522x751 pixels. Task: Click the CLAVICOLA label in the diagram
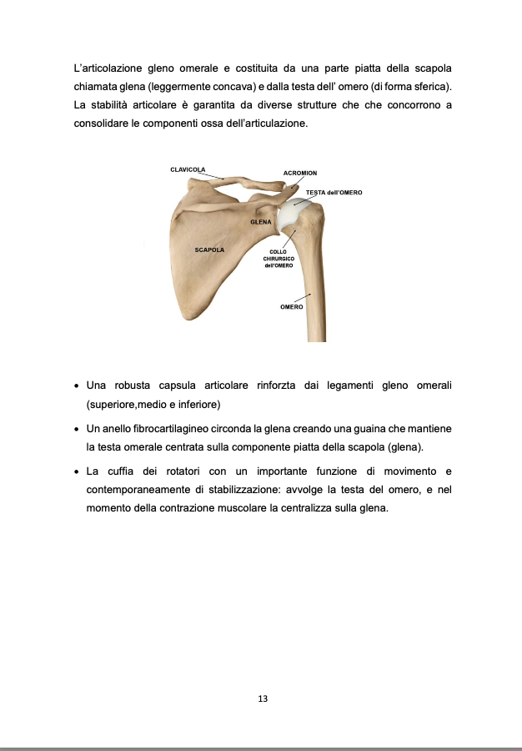click(x=188, y=169)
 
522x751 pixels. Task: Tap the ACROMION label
click(x=299, y=173)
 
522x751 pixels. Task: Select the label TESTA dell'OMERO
click(x=334, y=192)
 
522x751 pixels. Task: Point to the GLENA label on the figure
click(x=261, y=223)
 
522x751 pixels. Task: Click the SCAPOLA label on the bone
click(x=209, y=249)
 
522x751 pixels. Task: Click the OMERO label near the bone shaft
click(x=291, y=307)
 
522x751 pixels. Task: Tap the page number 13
click(x=262, y=698)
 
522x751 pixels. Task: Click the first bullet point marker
click(x=77, y=386)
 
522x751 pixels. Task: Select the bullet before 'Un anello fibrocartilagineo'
click(x=77, y=428)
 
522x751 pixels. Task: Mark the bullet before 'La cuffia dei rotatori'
click(x=77, y=471)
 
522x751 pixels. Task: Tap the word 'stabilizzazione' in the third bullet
click(x=235, y=489)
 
